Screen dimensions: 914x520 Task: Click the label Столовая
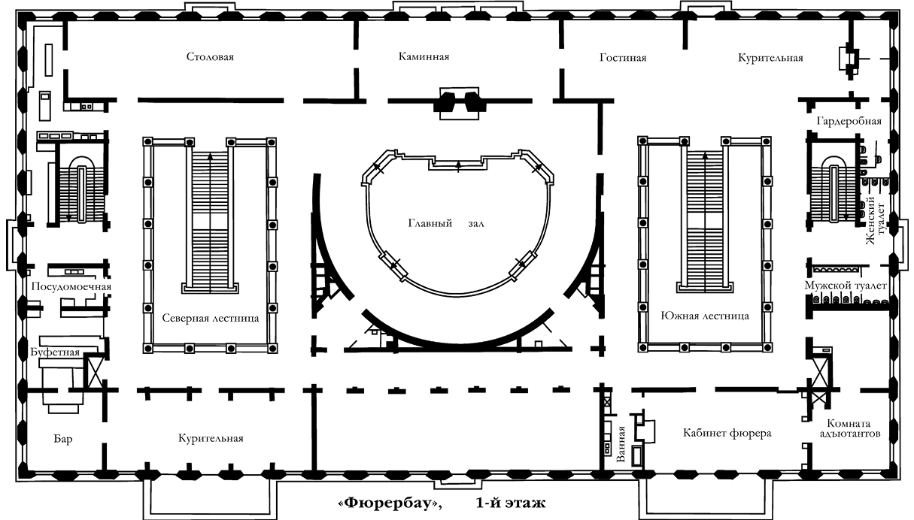210,56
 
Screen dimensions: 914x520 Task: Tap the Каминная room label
424,56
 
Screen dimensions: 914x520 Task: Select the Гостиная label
623,58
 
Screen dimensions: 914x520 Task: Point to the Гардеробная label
849,122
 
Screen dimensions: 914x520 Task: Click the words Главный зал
446,223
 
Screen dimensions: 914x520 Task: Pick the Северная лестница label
211,318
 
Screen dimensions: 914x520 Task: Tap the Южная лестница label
705,316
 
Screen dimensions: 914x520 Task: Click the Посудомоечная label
71,286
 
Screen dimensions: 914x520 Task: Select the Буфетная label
55,352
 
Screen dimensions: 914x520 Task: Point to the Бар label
63,439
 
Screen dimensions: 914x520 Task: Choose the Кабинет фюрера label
727,433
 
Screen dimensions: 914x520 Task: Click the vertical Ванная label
621,444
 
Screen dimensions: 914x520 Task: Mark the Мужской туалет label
846,286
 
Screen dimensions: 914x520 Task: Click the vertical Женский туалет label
875,220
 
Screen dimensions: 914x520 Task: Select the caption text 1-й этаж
511,503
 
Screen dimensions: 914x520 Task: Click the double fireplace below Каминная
459,103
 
